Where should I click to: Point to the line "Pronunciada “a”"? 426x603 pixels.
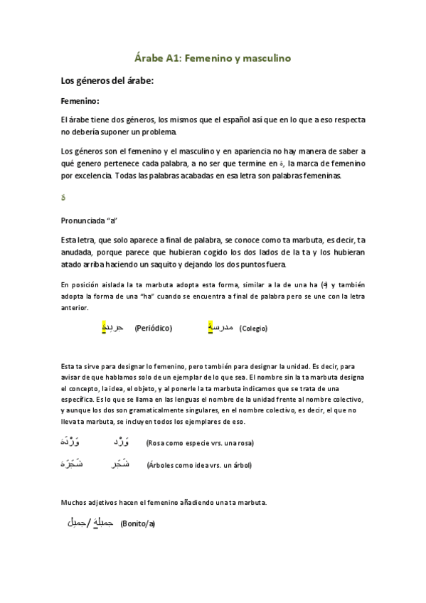pyautogui.click(x=89, y=220)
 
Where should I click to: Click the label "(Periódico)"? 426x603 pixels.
pyautogui.click(x=153, y=328)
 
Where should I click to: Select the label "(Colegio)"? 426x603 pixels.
pyautogui.click(x=253, y=329)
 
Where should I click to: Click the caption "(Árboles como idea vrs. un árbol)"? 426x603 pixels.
pyautogui.click(x=198, y=466)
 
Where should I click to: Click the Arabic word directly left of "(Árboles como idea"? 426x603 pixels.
pyautogui.click(x=122, y=465)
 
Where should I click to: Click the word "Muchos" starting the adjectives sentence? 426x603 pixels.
pyautogui.click(x=74, y=503)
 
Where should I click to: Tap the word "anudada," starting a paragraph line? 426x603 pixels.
pyautogui.click(x=78, y=251)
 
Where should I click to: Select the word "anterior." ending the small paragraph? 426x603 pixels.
pyautogui.click(x=75, y=308)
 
